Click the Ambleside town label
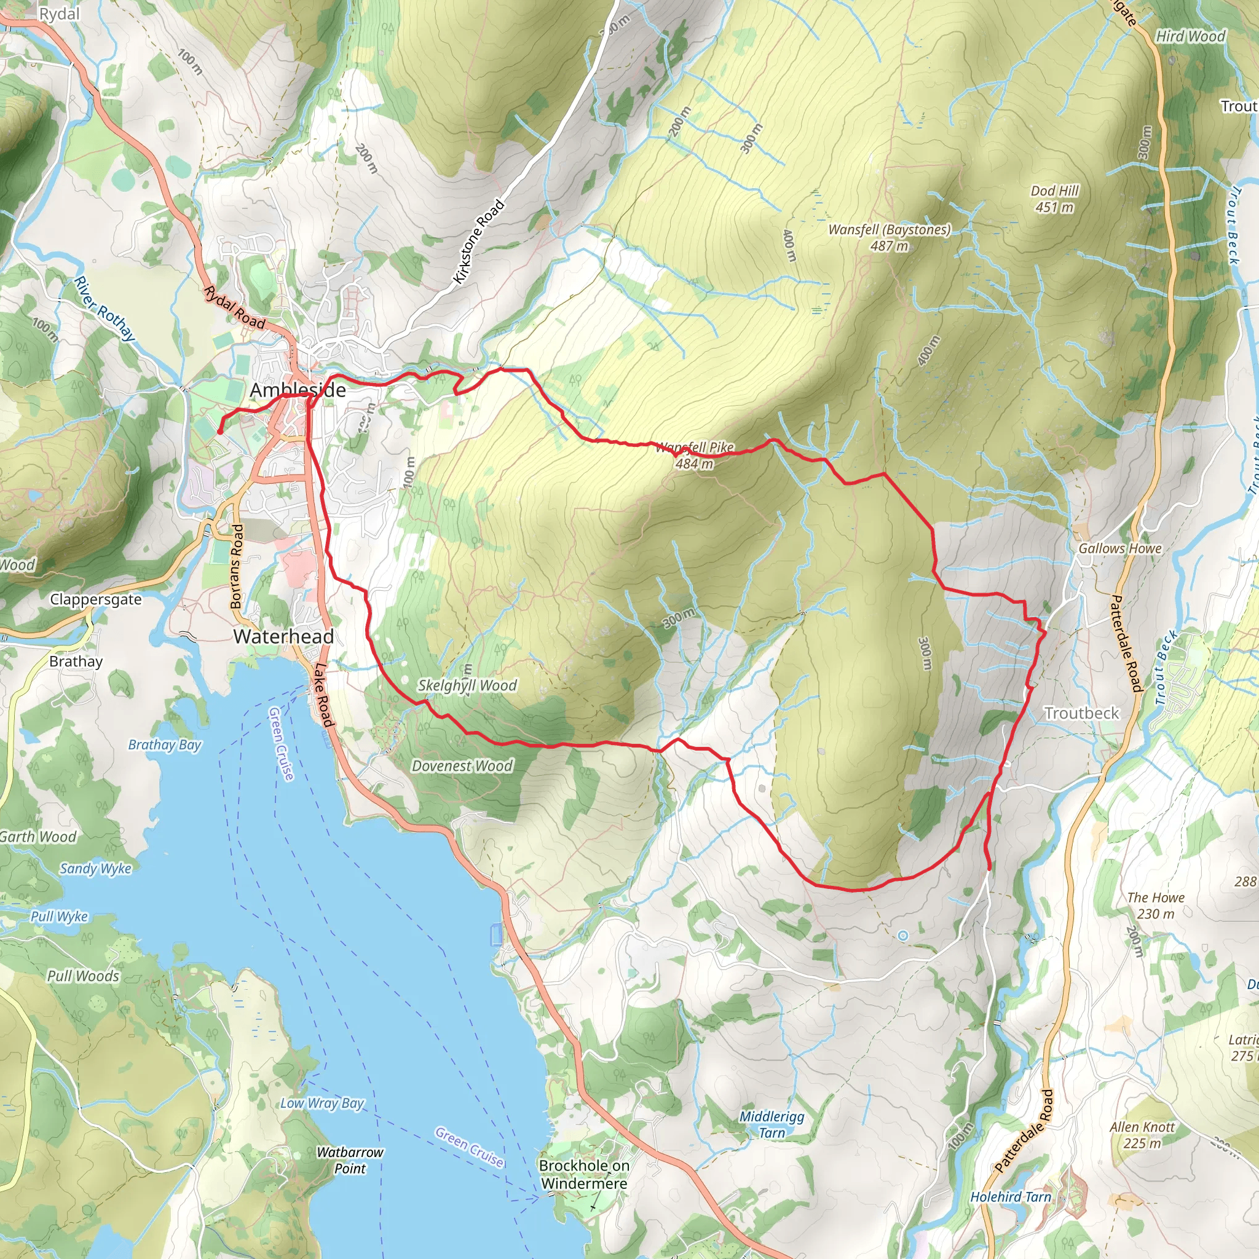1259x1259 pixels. [298, 390]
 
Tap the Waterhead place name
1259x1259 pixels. [283, 636]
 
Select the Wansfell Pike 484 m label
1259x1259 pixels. [694, 456]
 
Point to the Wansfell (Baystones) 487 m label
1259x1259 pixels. [889, 237]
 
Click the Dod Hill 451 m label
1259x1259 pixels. [1054, 199]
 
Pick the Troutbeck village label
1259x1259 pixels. [1081, 713]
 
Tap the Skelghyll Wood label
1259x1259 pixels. [467, 685]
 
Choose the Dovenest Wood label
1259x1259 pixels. [462, 766]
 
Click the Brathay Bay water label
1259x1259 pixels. [164, 744]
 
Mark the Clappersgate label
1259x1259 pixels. [96, 599]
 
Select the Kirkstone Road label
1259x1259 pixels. [479, 242]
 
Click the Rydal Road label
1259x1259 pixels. [234, 307]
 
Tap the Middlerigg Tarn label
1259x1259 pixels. [772, 1124]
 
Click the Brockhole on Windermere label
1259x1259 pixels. [584, 1174]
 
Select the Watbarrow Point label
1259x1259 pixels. [350, 1160]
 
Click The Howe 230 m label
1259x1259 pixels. [1155, 905]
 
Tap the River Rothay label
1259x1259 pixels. [105, 308]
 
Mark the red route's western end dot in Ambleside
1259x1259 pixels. [219, 431]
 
